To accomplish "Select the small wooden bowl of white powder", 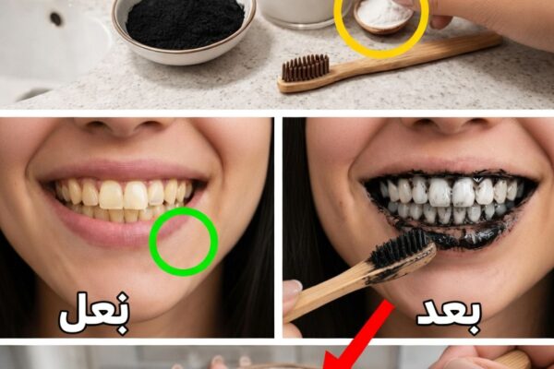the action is [384, 17].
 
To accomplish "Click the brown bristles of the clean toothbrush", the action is [306, 67].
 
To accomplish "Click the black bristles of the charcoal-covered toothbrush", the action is [399, 247].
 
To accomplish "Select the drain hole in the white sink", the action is [55, 18].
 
